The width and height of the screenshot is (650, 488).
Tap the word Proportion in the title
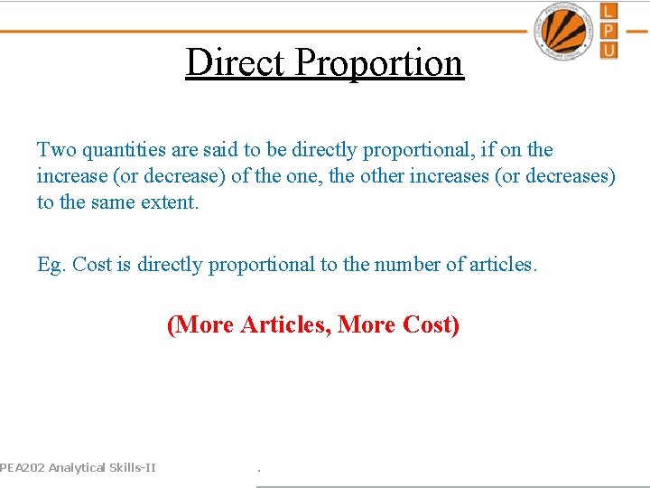[378, 63]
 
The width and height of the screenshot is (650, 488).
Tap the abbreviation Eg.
[51, 265]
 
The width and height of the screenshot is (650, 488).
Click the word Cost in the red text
[430, 324]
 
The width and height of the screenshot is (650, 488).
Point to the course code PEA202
[22, 467]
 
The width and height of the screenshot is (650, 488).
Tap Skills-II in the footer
[132, 467]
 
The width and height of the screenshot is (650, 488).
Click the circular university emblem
[565, 31]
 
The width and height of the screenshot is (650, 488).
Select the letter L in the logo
[609, 12]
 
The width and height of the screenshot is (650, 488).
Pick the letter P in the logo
[609, 30]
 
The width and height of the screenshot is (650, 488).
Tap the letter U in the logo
[609, 49]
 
